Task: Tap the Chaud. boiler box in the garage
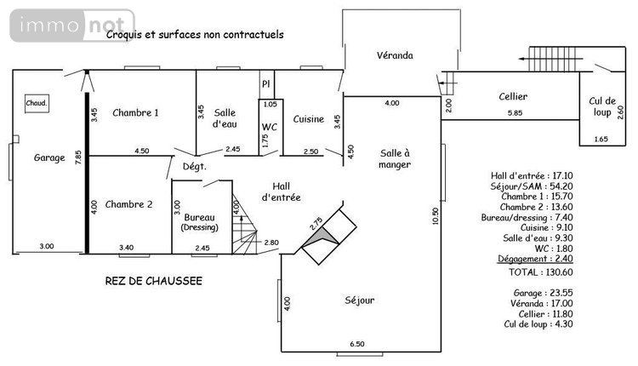[37, 103]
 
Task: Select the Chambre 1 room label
[135, 112]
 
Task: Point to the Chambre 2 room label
[128, 204]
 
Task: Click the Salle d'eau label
[225, 118]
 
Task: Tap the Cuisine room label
[308, 119]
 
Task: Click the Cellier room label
[513, 97]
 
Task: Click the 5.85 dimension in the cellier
[515, 113]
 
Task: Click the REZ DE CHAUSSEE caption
[153, 280]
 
